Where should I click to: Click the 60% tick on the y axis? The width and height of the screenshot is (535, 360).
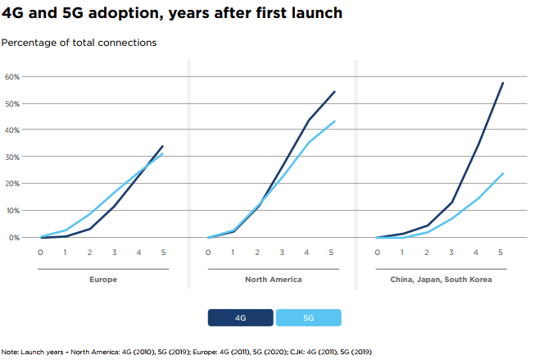click(13, 76)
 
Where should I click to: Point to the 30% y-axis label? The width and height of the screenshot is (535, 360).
click(13, 157)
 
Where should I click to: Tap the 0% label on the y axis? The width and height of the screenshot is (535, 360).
click(15, 237)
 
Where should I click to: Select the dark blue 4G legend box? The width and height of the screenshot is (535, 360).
click(240, 317)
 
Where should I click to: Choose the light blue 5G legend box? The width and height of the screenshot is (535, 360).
click(308, 317)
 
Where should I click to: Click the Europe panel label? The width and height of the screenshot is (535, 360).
click(103, 280)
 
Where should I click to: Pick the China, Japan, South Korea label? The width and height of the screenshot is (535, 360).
click(442, 280)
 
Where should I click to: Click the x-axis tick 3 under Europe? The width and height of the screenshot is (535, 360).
click(114, 253)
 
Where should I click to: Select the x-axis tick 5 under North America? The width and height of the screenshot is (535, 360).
click(331, 253)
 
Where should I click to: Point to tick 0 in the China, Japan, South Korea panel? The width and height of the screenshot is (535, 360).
click(378, 253)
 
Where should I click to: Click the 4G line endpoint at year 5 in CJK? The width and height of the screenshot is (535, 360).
click(502, 83)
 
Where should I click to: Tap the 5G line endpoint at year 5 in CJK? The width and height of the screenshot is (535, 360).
click(502, 173)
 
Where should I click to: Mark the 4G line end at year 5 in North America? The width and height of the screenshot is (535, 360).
click(334, 91)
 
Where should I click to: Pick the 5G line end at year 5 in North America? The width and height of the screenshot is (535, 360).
click(334, 121)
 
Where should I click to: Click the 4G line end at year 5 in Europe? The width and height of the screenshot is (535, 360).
click(163, 146)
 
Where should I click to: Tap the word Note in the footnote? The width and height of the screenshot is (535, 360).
click(11, 351)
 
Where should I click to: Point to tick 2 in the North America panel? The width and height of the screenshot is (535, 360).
click(258, 253)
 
